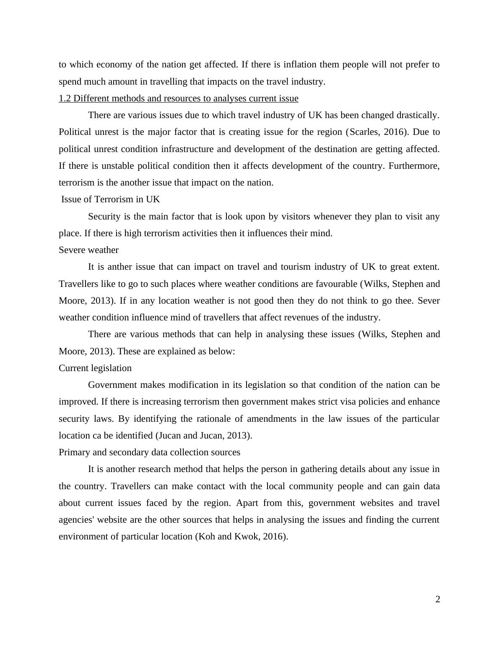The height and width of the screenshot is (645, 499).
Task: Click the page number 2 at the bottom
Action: pyautogui.click(x=437, y=599)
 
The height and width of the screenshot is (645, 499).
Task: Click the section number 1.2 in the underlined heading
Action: pyautogui.click(x=65, y=98)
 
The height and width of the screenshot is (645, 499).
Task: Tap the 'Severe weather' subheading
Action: pyautogui.click(x=88, y=250)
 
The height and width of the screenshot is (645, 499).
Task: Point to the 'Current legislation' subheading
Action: pyautogui.click(x=95, y=368)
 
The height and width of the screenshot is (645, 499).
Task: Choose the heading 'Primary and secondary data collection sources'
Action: pyautogui.click(x=149, y=452)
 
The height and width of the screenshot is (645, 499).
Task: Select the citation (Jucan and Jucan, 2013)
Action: pyautogui.click(x=204, y=436)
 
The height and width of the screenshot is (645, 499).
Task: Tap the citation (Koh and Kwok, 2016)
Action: pyautogui.click(x=242, y=537)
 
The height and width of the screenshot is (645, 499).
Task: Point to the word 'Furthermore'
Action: pyautogui.click(x=414, y=166)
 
